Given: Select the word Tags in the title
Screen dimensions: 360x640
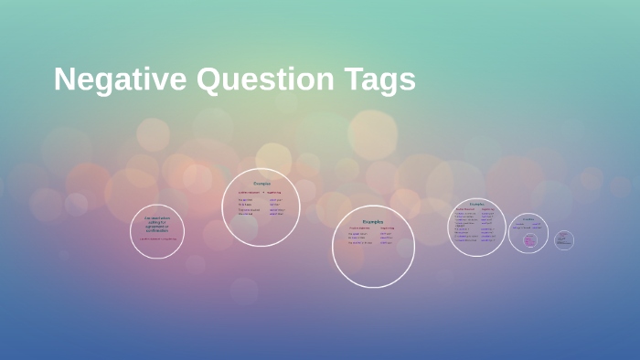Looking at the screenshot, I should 379,79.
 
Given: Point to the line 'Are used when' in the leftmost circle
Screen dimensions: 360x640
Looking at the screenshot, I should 157,217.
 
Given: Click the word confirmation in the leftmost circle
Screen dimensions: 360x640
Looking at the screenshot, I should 157,230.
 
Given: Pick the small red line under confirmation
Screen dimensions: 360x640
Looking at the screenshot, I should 157,238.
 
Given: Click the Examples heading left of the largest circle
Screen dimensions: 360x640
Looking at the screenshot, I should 261,184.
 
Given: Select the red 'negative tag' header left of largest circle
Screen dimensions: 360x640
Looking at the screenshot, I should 275,193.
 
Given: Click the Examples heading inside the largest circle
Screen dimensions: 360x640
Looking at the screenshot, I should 373,221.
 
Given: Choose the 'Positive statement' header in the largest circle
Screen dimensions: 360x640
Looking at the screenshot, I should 359,228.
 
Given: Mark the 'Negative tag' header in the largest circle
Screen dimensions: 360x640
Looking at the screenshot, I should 388,228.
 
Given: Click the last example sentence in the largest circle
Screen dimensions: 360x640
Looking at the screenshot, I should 359,243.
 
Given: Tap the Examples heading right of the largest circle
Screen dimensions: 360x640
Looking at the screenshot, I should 477,204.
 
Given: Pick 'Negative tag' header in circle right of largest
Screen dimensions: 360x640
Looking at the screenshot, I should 488,209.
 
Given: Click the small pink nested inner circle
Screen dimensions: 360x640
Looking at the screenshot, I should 530,240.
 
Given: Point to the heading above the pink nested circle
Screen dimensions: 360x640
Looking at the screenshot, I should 528,219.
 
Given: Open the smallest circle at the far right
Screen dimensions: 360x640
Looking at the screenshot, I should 564,240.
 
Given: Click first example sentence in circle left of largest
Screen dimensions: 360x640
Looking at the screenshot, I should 245,199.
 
